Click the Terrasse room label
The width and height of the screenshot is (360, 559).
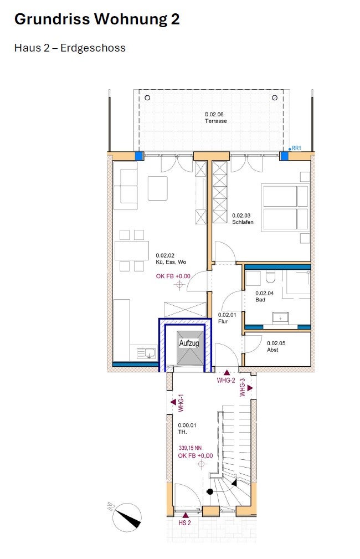215,121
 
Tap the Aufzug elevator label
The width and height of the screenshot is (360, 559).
189,343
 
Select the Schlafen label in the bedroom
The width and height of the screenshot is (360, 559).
243,222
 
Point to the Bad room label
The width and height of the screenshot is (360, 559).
260,300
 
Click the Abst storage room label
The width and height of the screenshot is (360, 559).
272,350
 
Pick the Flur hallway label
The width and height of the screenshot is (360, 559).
223,321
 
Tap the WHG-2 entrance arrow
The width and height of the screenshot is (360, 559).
227,373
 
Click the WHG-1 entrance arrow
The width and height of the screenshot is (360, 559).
173,402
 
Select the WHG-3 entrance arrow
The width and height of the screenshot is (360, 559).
250,388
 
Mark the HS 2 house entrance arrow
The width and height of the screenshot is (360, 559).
186,515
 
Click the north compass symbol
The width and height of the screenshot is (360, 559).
127,517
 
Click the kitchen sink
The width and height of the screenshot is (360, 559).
147,353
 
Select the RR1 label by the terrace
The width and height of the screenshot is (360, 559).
296,148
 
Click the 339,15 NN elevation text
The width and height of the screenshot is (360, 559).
191,448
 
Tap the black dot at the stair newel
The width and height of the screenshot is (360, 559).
210,491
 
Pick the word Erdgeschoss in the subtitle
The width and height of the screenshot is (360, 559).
93,48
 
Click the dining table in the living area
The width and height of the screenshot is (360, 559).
132,250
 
